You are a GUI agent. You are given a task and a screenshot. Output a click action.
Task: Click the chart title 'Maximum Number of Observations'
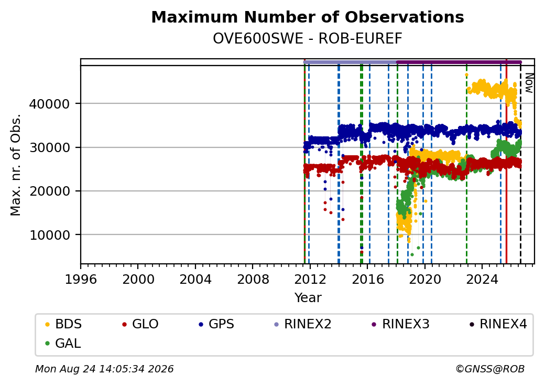308,17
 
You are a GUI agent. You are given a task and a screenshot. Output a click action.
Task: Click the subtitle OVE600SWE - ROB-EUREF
308,39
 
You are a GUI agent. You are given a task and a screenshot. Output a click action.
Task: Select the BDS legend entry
63,324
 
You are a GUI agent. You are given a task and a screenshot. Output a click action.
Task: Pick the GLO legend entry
140,324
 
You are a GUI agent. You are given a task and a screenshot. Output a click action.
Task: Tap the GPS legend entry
216,324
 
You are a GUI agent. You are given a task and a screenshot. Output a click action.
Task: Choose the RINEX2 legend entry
302,324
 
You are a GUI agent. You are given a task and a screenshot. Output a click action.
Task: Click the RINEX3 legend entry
400,324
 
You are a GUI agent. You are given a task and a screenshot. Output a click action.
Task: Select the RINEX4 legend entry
498,324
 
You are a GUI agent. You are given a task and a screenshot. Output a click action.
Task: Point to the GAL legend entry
63,343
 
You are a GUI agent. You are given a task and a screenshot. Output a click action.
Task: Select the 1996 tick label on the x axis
81,279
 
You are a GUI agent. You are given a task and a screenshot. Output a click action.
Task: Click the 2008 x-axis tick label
253,279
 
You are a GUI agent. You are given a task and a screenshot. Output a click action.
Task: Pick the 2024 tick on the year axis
482,279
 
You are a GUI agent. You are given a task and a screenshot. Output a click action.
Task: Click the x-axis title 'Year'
308,298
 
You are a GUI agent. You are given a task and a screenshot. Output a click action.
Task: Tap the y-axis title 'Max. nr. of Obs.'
16,165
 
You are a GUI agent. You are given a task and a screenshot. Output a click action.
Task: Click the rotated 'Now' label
529,83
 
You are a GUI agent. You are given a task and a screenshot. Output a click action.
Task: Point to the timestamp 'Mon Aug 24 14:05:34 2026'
104,369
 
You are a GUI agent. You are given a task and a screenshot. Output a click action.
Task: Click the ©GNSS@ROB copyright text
490,369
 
